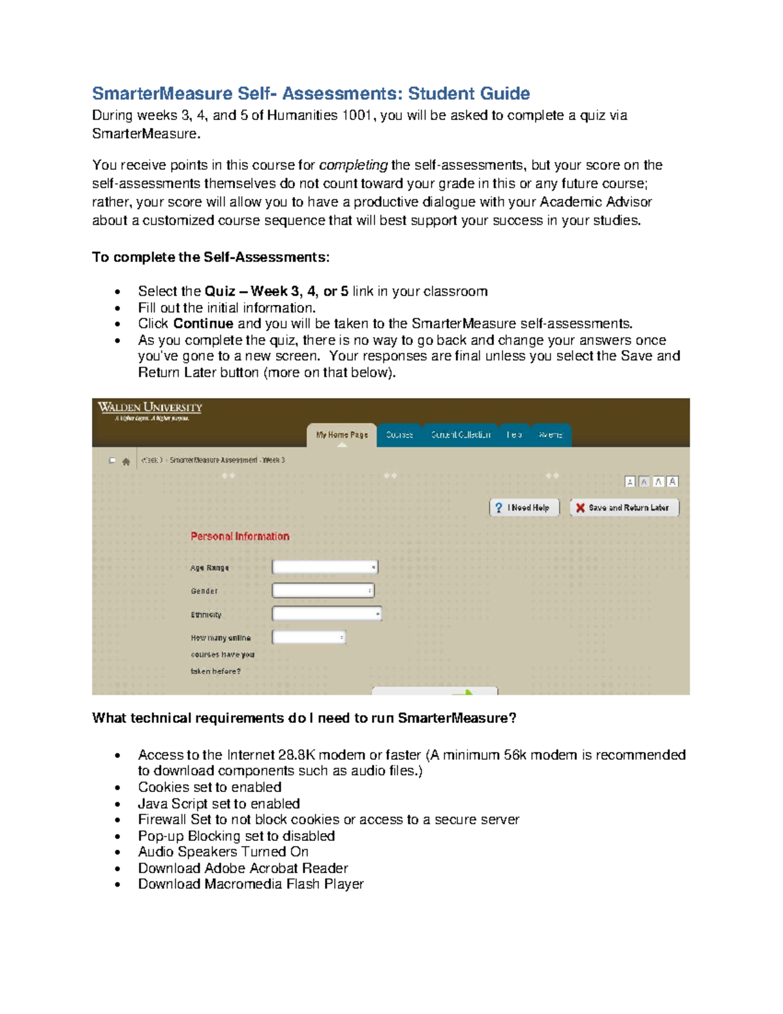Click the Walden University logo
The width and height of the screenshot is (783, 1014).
[x=150, y=411]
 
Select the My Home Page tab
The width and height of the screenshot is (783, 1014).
[x=342, y=435]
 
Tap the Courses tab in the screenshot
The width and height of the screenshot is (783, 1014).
[x=399, y=435]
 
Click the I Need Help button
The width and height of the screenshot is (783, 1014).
[x=524, y=507]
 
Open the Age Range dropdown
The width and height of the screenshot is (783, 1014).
[x=325, y=567]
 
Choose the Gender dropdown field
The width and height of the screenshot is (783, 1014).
[x=323, y=591]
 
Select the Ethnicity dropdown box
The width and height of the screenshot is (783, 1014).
[x=326, y=614]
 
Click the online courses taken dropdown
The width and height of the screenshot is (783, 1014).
[x=309, y=637]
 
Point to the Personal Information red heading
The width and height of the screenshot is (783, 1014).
[x=239, y=536]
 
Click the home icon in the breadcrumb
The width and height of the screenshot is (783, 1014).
[x=126, y=461]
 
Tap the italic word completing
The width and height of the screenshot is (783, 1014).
[x=353, y=165]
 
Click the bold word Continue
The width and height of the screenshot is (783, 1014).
[x=203, y=324]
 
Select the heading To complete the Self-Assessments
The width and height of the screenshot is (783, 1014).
[x=211, y=257]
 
